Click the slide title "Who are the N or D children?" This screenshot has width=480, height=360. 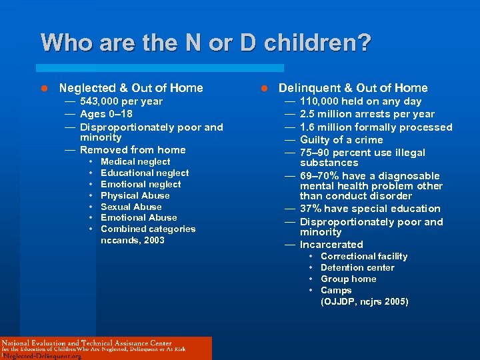pos(205,43)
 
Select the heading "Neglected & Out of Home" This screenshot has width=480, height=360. pos(131,88)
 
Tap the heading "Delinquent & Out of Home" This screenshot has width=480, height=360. pos(353,88)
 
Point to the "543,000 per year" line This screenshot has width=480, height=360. pos(121,101)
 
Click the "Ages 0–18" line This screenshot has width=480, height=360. pos(106,114)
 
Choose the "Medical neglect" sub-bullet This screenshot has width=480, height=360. pos(135,161)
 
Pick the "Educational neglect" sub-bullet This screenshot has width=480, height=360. pos(145,173)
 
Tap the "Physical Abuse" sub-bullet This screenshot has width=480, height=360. pos(135,195)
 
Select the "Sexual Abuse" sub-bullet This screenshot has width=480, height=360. pos(131,207)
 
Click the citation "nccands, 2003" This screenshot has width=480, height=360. pos(132,240)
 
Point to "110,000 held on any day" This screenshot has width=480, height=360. pos(360,101)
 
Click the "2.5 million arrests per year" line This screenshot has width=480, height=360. pos(367,114)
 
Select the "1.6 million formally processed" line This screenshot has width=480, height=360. pos(375,127)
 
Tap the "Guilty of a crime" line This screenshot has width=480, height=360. pos(341,139)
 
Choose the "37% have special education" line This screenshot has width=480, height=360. pos(370,209)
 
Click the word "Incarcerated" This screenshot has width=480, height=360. pos(331,245)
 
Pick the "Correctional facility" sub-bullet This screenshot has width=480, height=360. pos(363,256)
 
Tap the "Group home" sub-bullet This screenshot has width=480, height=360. pos(348,279)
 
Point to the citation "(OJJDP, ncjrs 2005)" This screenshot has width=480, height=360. pos(364,301)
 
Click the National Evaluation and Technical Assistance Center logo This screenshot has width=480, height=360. pos(106,348)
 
